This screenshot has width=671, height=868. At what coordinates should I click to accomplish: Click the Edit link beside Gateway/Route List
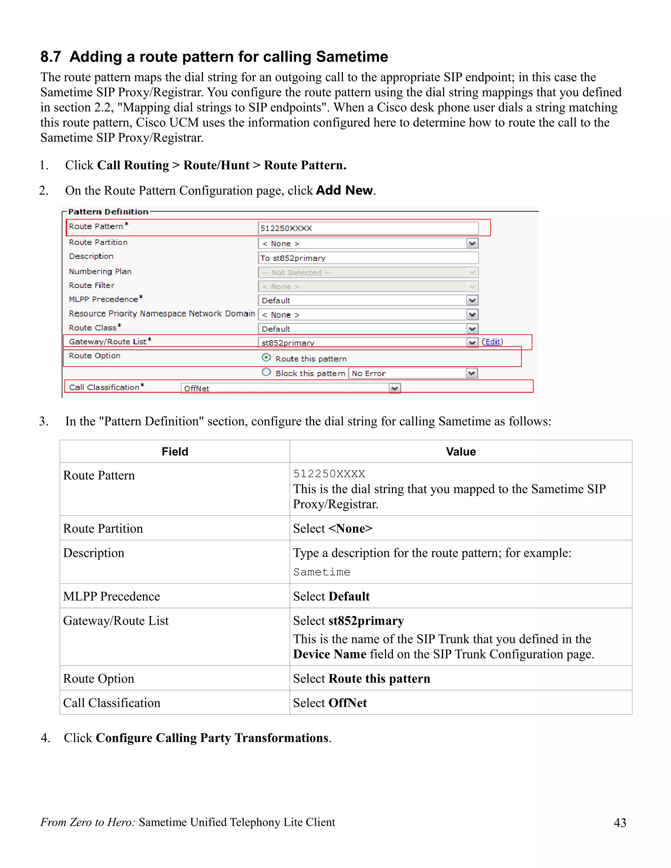click(492, 342)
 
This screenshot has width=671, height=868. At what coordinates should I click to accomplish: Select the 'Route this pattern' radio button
click(266, 357)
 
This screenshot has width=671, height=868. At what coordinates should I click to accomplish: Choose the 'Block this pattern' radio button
click(266, 372)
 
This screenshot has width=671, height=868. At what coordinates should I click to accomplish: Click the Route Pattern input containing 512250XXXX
click(368, 228)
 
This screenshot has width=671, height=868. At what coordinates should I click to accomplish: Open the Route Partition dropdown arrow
click(472, 243)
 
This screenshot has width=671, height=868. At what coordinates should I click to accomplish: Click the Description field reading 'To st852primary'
click(368, 258)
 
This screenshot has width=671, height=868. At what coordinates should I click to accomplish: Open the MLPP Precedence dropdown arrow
click(472, 300)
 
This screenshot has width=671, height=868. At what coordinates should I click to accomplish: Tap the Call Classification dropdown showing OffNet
click(290, 388)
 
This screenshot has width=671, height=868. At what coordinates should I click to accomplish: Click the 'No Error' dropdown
click(412, 373)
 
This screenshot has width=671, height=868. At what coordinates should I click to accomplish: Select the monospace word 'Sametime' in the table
click(322, 572)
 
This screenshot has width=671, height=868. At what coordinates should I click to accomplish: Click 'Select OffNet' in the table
click(330, 703)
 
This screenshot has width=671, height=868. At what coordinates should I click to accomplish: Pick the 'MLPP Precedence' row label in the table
click(112, 596)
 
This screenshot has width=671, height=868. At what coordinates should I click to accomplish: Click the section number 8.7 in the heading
click(50, 57)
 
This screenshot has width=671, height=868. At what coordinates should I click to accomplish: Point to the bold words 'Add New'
click(344, 190)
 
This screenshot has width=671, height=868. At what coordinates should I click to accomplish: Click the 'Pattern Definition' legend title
click(108, 212)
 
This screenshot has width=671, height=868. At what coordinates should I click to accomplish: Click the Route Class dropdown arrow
click(472, 329)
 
